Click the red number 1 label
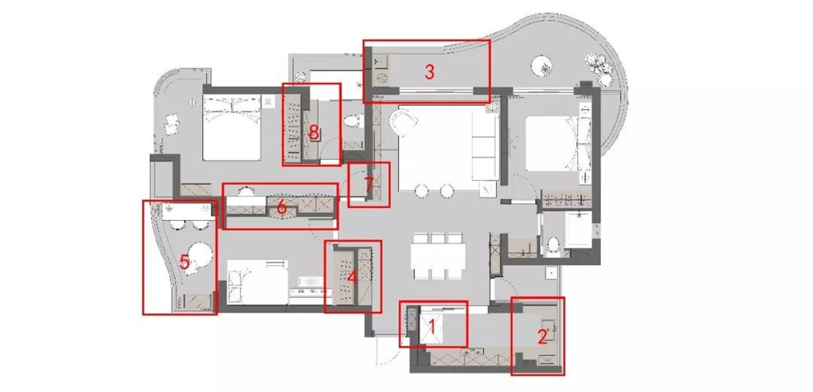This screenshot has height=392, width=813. tap(432, 327)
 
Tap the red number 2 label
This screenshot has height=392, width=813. tap(542, 336)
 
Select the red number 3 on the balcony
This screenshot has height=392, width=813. tap(429, 72)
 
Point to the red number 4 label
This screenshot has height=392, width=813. tap(352, 278)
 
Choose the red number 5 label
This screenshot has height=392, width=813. tap(185, 262)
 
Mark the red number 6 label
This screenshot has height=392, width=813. tap(282, 208)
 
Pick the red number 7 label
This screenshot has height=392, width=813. tap(369, 185)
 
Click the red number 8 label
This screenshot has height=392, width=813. tap(314, 133)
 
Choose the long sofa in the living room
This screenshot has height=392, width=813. tap(485, 145)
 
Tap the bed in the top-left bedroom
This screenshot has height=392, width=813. tap(232, 127)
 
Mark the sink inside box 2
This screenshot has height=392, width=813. tap(549, 329)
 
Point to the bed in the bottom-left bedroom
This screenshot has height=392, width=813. tap(258, 282)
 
